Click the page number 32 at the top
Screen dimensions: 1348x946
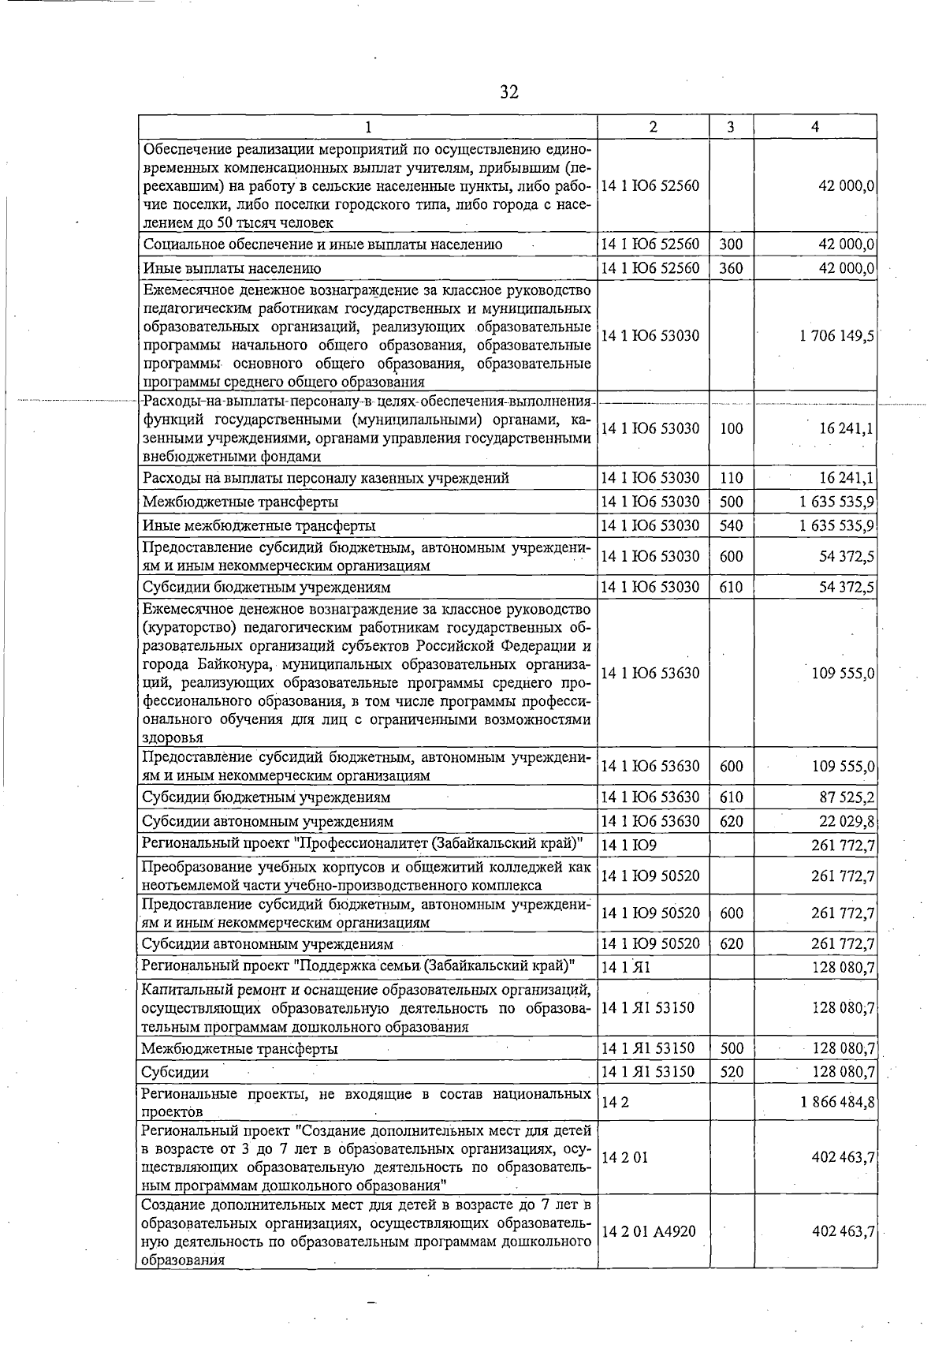[509, 92]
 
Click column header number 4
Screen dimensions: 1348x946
[815, 127]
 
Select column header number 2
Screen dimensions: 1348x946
[653, 127]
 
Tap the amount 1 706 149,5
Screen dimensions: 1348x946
[836, 336]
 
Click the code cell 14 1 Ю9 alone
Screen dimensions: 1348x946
[618, 846]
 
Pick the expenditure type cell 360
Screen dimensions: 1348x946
[731, 268]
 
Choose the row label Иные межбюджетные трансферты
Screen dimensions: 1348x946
[259, 526]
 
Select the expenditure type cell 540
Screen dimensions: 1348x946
[731, 525]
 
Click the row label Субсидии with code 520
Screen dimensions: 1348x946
[175, 1073]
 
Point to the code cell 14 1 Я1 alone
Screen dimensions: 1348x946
[625, 968]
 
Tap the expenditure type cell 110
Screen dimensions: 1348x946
[731, 478]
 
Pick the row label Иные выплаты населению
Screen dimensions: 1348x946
[232, 269]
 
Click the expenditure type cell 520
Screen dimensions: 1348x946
[731, 1072]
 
